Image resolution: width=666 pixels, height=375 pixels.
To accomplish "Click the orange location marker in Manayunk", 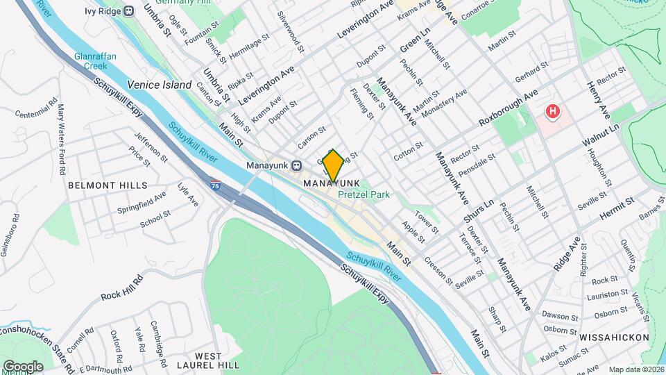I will (333, 166).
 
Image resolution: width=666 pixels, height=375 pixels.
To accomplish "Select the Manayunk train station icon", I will (296, 166).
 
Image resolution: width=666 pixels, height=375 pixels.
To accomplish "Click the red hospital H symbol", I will (553, 111).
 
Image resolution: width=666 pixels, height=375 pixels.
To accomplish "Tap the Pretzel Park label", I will (364, 195).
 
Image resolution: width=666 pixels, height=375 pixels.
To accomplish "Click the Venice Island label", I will (159, 85).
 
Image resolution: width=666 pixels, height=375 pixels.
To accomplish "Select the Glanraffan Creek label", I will (96, 60).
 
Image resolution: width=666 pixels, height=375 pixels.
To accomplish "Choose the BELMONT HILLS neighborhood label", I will (108, 185).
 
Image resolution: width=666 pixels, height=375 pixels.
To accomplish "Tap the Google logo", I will (23, 366).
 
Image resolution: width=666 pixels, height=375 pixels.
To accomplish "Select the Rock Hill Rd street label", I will (121, 285).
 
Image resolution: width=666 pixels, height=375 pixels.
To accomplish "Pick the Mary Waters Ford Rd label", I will (62, 139).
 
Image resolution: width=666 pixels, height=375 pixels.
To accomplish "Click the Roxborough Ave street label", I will (509, 108).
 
